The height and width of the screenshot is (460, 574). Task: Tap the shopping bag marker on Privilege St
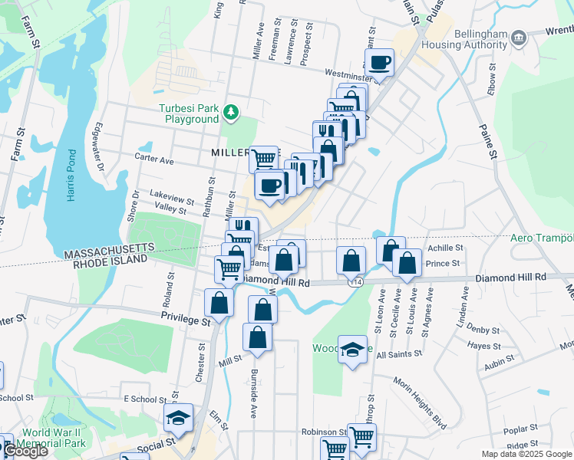coord(219,302)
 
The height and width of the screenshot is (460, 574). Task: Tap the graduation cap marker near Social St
coord(177,419)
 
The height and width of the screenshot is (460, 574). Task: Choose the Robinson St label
coord(324,432)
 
